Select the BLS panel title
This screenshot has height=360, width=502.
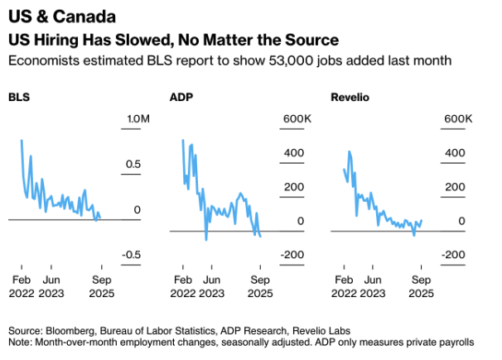(19, 98)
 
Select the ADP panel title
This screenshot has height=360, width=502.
(181, 98)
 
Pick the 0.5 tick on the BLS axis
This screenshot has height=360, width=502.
(133, 165)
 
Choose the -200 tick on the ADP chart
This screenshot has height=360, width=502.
(293, 254)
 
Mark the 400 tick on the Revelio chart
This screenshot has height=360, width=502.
(455, 153)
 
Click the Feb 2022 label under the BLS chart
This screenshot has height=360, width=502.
(22, 286)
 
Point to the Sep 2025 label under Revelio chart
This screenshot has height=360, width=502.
(421, 286)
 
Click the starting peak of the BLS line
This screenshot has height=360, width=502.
(21, 141)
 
